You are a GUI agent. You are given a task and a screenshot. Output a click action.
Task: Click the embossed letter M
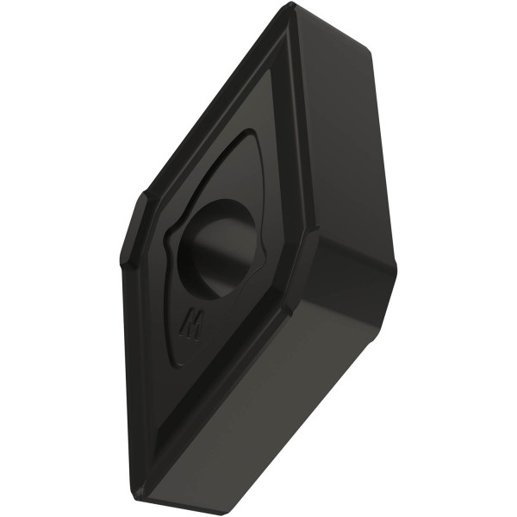(x=192, y=325)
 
